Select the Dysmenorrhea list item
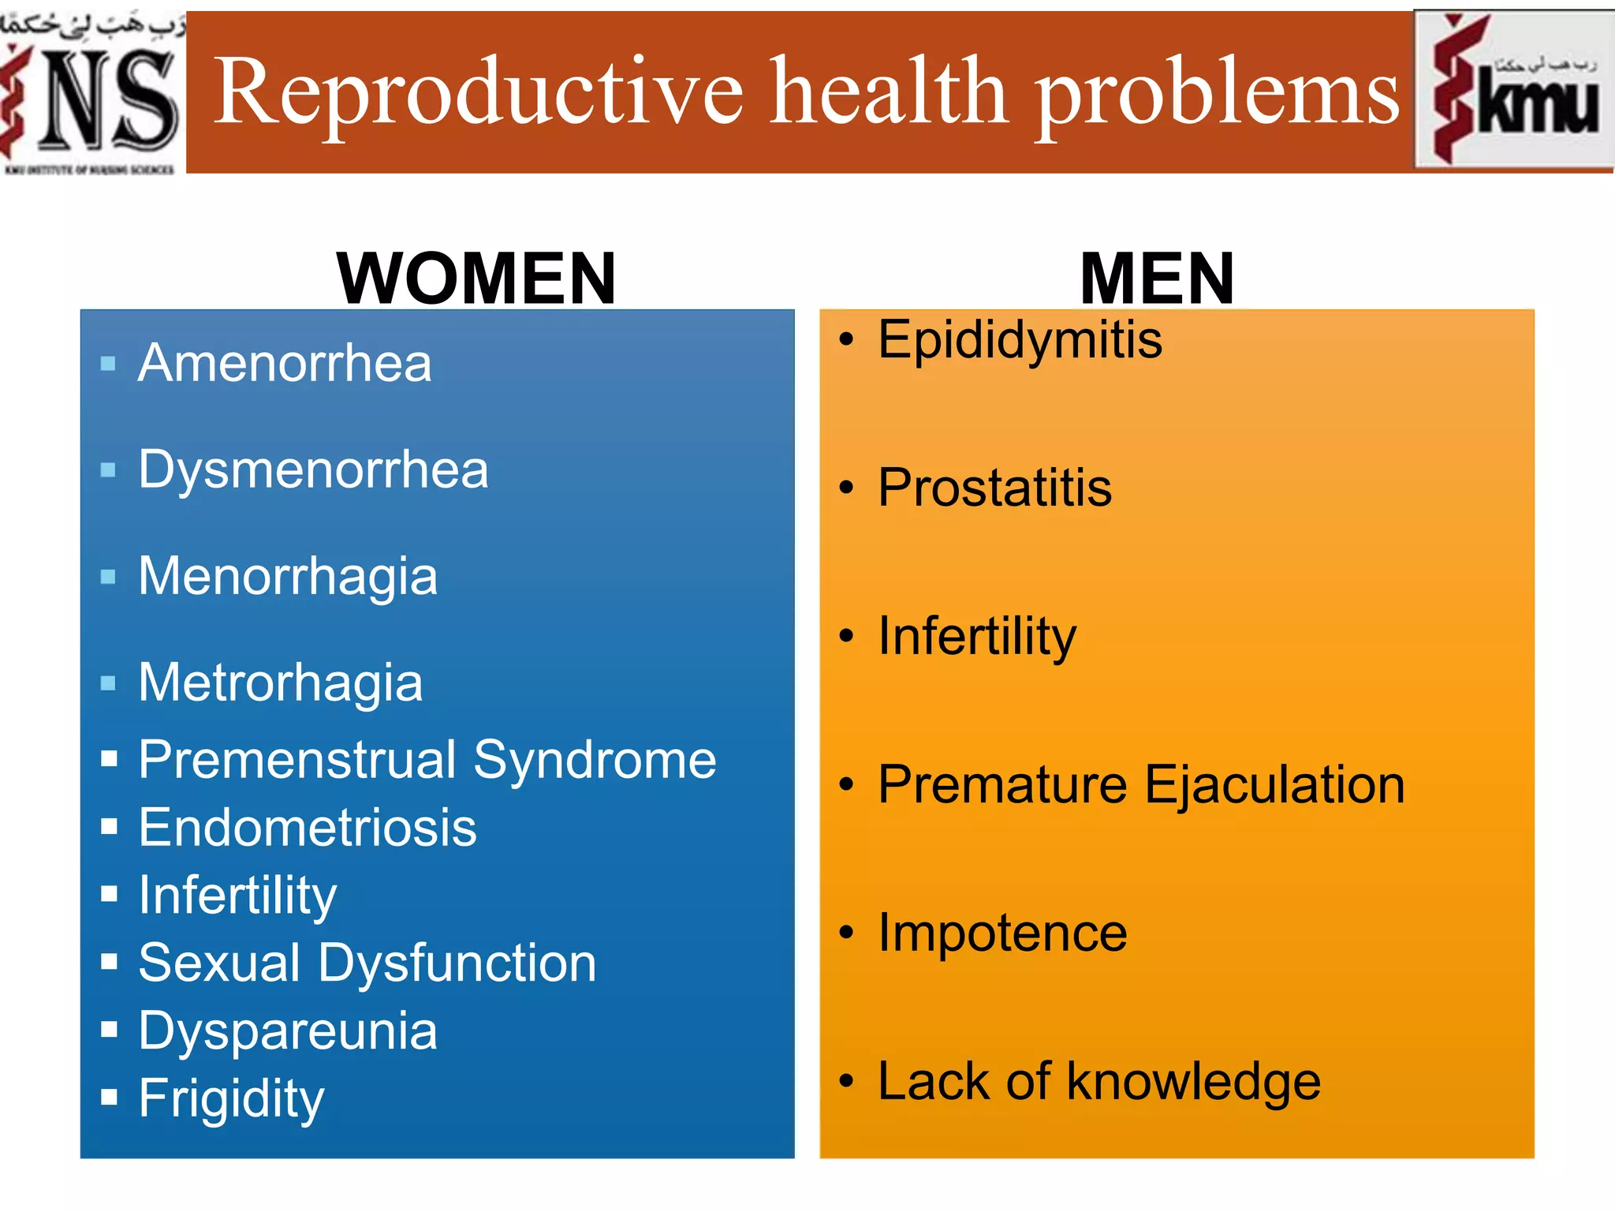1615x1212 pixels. [313, 469]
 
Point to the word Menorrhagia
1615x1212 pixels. [288, 576]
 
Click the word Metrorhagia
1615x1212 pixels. [280, 683]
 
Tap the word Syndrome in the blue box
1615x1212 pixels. [595, 761]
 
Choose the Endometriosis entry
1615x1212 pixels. [308, 828]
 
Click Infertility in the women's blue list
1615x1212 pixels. [237, 896]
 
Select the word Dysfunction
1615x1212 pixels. [457, 963]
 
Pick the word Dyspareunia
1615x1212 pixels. [288, 1031]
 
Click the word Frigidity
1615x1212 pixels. [231, 1098]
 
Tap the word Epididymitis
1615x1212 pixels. [1020, 340]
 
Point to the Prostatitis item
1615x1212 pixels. [994, 488]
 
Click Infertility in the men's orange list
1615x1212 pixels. [977, 636]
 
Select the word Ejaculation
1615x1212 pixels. [1274, 785]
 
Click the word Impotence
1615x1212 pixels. [1002, 933]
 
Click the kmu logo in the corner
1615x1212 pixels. [1514, 91]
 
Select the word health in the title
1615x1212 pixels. [888, 93]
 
